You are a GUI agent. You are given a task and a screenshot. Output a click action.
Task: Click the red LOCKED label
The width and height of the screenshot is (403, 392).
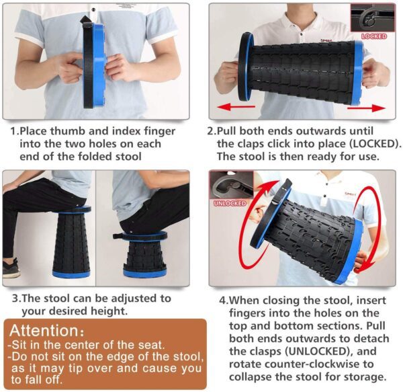pos(374,36)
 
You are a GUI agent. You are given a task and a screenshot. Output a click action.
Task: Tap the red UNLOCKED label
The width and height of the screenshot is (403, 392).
pos(230,204)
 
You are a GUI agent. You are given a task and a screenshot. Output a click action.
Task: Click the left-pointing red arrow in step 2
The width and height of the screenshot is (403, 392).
pos(236,107)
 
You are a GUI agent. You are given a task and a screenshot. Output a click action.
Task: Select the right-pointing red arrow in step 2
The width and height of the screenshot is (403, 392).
pos(367,108)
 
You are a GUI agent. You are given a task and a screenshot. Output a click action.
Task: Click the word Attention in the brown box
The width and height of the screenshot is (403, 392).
pos(44,331)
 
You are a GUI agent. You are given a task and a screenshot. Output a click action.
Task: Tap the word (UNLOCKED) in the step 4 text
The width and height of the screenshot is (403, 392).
pos(318,351)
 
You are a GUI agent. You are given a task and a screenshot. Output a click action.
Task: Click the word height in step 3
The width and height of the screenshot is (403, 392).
pos(109,311)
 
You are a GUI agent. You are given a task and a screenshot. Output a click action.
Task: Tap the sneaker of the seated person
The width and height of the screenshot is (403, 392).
pos(11,268)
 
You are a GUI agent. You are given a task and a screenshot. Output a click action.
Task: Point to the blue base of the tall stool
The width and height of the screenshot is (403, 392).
pos(71,273)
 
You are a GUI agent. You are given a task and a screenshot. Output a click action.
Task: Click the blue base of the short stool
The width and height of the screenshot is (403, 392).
pos(144,272)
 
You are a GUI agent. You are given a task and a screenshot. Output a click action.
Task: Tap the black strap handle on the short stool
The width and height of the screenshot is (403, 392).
pos(118,236)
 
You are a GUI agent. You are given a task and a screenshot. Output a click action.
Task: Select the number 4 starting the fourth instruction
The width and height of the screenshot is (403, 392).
pos(222,301)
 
